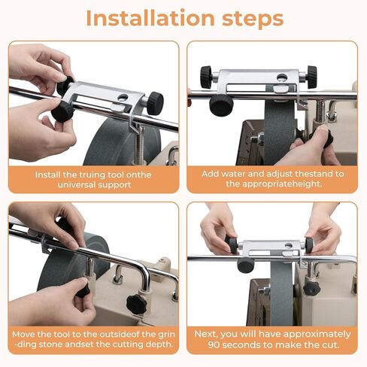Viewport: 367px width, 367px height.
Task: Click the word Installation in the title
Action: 150,18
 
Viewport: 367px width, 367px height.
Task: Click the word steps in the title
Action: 253,20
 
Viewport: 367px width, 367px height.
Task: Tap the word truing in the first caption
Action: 93,174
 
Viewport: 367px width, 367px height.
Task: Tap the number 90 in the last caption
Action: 214,345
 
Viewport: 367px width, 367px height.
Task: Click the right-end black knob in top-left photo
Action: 155,103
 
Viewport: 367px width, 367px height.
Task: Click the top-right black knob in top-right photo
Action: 312,77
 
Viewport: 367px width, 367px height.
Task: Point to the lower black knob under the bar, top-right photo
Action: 221,105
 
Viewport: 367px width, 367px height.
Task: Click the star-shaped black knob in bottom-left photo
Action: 136,305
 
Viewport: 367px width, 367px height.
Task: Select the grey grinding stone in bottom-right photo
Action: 281,295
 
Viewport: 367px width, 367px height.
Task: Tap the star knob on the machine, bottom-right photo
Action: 311,288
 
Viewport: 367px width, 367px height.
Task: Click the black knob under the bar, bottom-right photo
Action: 246,265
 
